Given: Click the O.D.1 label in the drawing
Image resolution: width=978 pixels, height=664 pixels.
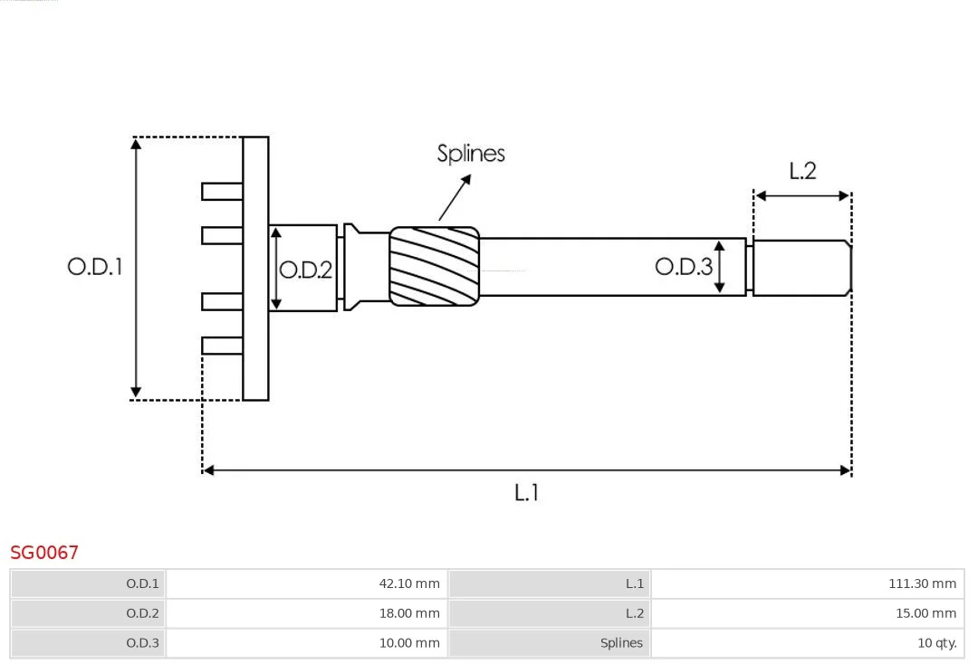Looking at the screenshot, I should click(x=94, y=267).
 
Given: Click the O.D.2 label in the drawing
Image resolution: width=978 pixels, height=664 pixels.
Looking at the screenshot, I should click(x=305, y=270).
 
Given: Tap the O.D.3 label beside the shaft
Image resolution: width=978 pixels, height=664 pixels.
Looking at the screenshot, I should click(x=684, y=266).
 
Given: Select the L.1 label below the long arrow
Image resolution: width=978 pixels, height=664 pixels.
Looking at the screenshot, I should click(x=526, y=493).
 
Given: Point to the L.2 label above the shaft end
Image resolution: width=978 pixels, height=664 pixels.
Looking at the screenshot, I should click(x=802, y=170).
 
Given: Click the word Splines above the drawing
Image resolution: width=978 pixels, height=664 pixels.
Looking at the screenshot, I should click(x=471, y=154).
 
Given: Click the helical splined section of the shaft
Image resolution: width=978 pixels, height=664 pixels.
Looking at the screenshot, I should click(x=434, y=265).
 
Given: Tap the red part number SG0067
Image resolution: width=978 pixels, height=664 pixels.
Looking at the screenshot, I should click(x=44, y=552).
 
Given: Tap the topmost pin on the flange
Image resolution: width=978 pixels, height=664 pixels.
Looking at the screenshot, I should click(x=222, y=191).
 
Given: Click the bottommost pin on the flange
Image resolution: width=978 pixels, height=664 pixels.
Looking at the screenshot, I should click(x=222, y=345).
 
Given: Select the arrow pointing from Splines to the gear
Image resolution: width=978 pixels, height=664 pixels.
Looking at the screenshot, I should click(x=455, y=197).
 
